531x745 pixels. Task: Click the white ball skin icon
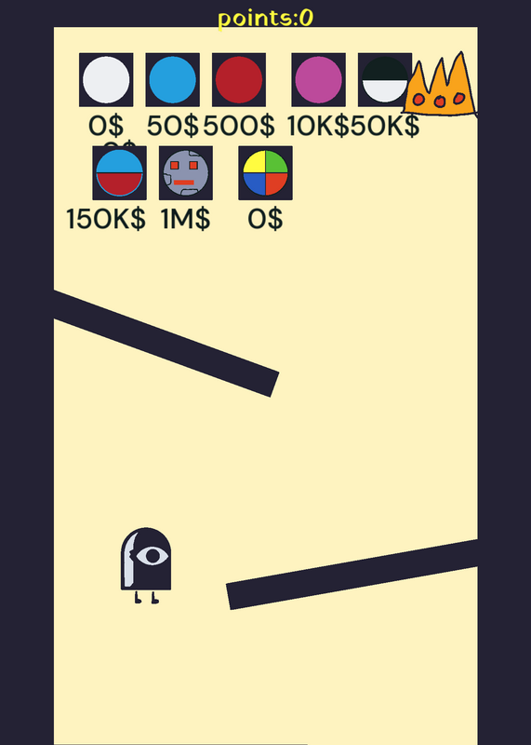click(106, 80)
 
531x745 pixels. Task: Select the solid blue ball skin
click(172, 80)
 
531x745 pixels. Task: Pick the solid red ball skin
click(239, 80)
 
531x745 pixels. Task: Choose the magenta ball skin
click(318, 80)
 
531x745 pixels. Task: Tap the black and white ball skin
click(385, 80)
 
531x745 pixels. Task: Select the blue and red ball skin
click(119, 173)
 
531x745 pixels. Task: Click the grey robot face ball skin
click(186, 173)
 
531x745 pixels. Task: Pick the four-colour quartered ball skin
click(265, 173)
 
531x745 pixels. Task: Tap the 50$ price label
click(172, 127)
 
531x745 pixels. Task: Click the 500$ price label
click(239, 127)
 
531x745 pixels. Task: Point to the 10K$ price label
click(318, 127)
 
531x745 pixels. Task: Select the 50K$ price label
click(385, 127)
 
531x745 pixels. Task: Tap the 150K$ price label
click(106, 220)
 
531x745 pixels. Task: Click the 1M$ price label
click(186, 220)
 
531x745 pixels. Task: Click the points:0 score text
click(265, 19)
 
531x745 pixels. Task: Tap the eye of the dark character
click(153, 555)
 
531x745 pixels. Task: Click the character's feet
click(147, 598)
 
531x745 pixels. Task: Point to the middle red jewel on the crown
click(440, 102)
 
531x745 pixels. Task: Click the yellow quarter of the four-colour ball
click(255, 162)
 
